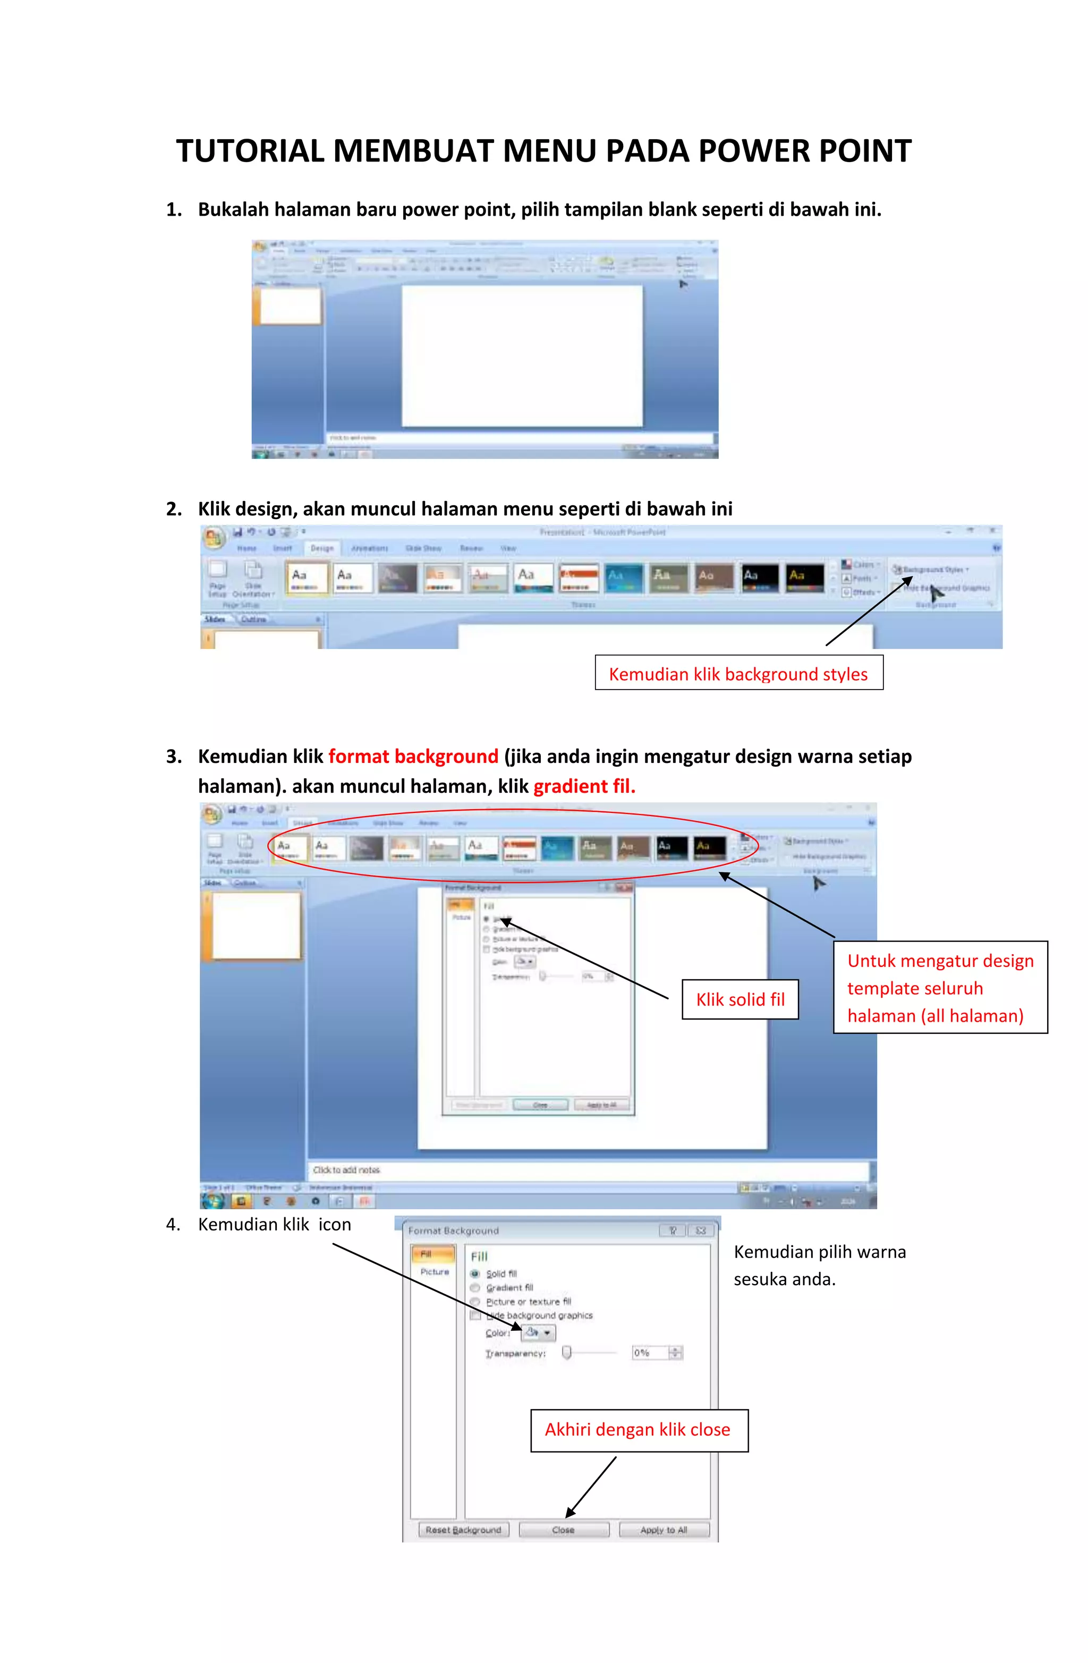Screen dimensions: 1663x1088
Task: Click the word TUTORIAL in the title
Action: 251,151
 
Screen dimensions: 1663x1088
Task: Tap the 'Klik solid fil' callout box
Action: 739,999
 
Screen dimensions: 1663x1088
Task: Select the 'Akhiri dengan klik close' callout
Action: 638,1430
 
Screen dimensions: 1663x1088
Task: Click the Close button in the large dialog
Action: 563,1530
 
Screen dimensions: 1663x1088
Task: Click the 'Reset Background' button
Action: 463,1530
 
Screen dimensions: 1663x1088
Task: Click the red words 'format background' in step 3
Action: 413,756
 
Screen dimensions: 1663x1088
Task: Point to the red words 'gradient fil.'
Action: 584,786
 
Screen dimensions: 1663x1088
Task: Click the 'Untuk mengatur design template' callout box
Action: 940,987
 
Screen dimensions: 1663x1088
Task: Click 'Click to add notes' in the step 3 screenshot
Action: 346,1170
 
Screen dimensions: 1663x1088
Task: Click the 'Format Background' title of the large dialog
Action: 454,1231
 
